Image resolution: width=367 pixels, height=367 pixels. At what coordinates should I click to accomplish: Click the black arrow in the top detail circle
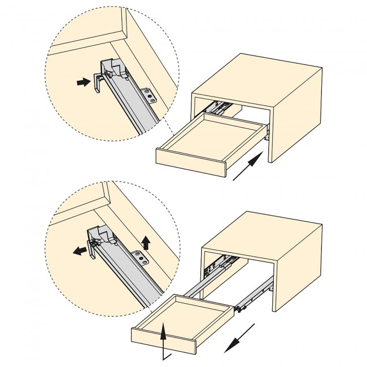click(83, 82)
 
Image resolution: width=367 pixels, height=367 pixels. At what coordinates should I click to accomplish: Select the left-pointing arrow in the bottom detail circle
click(81, 251)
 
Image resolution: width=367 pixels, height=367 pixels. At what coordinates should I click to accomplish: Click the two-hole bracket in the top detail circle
click(148, 95)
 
